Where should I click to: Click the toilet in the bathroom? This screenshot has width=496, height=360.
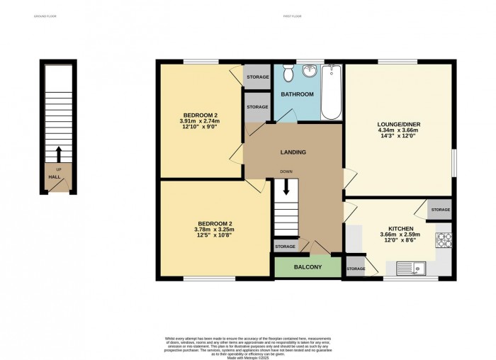[x=288, y=74]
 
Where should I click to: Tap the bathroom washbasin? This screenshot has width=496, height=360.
[x=310, y=72]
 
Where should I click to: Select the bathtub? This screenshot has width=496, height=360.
[x=331, y=92]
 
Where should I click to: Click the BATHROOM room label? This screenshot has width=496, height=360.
[x=297, y=94]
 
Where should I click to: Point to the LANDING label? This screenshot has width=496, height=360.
[x=293, y=152]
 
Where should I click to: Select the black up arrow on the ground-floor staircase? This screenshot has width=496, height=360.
[x=58, y=154]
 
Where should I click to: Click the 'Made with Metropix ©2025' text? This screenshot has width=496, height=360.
[x=247, y=357]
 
